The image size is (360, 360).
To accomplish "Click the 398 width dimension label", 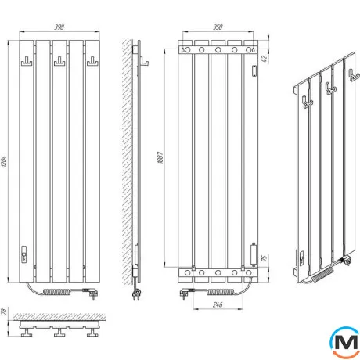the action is (x=59, y=27).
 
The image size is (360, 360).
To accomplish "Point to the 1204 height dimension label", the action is (x=5, y=161).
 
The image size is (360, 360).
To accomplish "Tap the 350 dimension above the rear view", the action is (x=218, y=27).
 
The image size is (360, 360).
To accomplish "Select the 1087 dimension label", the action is (x=160, y=157).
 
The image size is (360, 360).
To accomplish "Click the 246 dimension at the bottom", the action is (x=218, y=304).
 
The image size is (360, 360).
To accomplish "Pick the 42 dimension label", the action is (x=265, y=59).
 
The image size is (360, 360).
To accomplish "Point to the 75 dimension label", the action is (x=265, y=258).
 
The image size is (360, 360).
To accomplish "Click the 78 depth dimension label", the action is (x=5, y=311).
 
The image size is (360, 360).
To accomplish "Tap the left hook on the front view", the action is (x=27, y=62).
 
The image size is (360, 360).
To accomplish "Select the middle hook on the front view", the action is (x=59, y=62).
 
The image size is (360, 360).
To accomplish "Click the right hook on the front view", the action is (x=92, y=62).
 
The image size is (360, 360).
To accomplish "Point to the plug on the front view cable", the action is (x=92, y=293).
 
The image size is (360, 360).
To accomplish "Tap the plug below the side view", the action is (x=136, y=294).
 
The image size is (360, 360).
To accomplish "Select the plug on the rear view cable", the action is (x=186, y=293).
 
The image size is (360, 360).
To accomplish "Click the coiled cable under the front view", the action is (x=57, y=292).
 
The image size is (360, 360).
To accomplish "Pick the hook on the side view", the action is (x=145, y=62).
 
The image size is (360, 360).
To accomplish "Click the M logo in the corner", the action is (x=345, y=342).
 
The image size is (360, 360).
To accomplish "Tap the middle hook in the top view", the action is (x=59, y=332).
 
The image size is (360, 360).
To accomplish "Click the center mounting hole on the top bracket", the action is (x=218, y=49).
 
